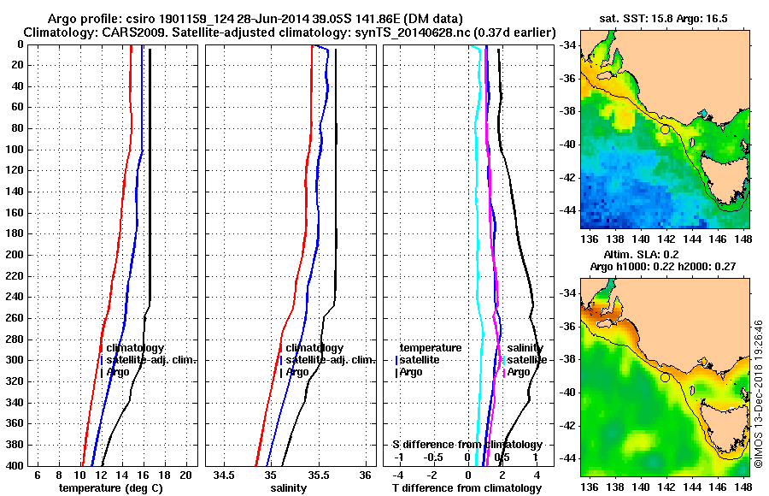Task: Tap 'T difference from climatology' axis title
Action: (467, 488)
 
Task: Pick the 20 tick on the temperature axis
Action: (185, 475)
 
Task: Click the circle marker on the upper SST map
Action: (665, 129)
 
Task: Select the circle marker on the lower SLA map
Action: (665, 377)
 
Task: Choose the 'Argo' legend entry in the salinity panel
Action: (297, 372)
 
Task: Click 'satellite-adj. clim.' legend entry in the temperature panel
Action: (151, 360)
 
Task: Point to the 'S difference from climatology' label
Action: (467, 445)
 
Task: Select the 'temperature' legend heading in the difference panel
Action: (431, 348)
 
